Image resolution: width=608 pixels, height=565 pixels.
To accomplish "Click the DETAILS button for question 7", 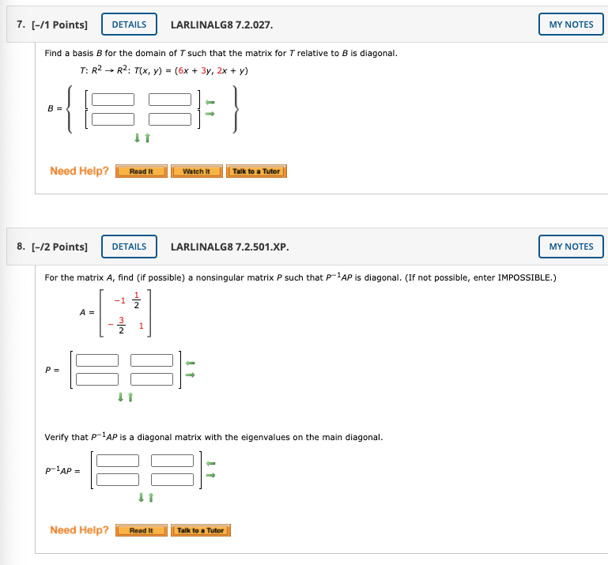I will [129, 24].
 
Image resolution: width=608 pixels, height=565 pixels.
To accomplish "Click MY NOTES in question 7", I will [571, 24].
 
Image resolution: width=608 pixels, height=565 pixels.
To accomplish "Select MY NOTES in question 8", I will [571, 247].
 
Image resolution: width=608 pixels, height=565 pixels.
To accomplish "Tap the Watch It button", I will [196, 171].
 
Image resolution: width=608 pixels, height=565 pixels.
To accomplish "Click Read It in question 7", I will [141, 171].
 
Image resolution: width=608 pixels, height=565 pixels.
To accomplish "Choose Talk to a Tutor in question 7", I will [256, 171].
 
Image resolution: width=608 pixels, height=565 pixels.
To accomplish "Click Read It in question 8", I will [141, 530].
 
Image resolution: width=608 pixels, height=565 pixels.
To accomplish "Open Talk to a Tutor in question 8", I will [201, 530].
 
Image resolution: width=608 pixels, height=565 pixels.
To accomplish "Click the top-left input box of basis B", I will [113, 100].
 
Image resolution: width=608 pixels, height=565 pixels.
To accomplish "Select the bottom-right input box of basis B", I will [170, 119].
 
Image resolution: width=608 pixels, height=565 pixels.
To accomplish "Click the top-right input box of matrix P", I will [152, 360].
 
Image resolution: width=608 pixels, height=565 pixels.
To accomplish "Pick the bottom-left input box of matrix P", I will [97, 379].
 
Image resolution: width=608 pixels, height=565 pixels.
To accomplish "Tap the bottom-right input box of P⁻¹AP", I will [172, 479].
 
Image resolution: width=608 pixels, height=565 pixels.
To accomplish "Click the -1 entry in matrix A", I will [119, 300].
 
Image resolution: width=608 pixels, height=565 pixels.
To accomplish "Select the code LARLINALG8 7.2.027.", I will [221, 24].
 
